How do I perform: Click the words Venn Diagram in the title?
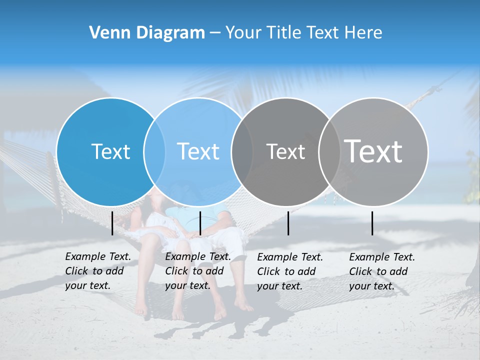pyautogui.click(x=147, y=33)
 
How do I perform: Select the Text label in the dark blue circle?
pyautogui.click(x=110, y=151)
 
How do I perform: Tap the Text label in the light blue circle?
pyautogui.click(x=198, y=151)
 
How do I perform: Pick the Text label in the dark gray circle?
pyautogui.click(x=285, y=151)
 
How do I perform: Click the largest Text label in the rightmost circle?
pyautogui.click(x=373, y=151)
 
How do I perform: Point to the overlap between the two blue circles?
pyautogui.click(x=154, y=151)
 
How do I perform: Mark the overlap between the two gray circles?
pyautogui.click(x=329, y=151)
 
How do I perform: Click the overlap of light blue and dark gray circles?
pyautogui.click(x=242, y=151)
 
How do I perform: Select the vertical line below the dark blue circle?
pyautogui.click(x=112, y=223)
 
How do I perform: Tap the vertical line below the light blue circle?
pyautogui.click(x=200, y=223)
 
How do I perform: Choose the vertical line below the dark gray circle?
pyautogui.click(x=288, y=223)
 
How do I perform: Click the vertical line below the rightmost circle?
pyautogui.click(x=372, y=223)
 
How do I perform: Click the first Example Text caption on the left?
pyautogui.click(x=98, y=271)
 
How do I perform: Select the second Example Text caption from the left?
pyautogui.click(x=197, y=271)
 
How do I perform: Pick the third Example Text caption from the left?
pyautogui.click(x=290, y=271)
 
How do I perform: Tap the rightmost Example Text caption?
pyautogui.click(x=382, y=271)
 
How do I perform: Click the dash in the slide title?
pyautogui.click(x=215, y=33)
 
